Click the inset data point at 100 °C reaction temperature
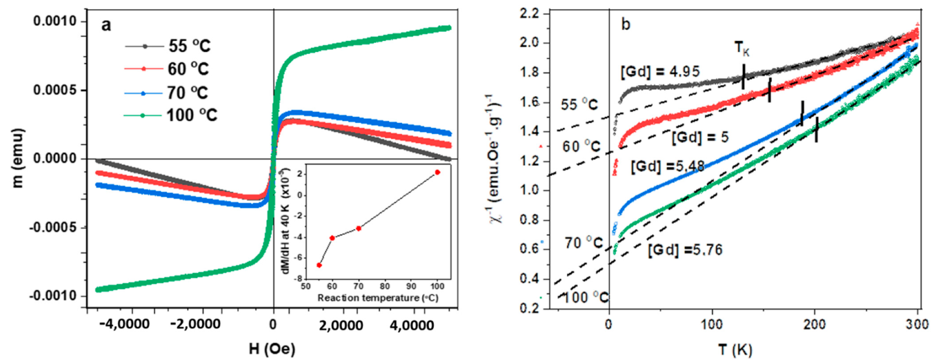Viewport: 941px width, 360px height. pyautogui.click(x=437, y=172)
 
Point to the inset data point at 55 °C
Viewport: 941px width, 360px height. pyautogui.click(x=319, y=265)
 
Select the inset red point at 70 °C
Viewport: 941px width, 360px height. pyautogui.click(x=358, y=228)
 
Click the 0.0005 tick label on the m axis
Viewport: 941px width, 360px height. pyautogui.click(x=55, y=90)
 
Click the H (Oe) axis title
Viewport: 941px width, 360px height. pyautogui.click(x=272, y=348)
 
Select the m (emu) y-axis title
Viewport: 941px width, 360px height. pyautogui.click(x=18, y=158)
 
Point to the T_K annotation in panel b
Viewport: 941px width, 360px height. pyautogui.click(x=742, y=48)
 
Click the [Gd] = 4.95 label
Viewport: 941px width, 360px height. pyautogui.click(x=660, y=72)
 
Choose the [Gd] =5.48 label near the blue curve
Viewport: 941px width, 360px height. pyautogui.click(x=667, y=166)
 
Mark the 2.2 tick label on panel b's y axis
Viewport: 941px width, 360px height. pyautogui.click(x=529, y=14)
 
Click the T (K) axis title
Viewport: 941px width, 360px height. pyautogui.click(x=735, y=349)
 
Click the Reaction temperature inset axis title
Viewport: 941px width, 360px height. pyautogui.click(x=377, y=298)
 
